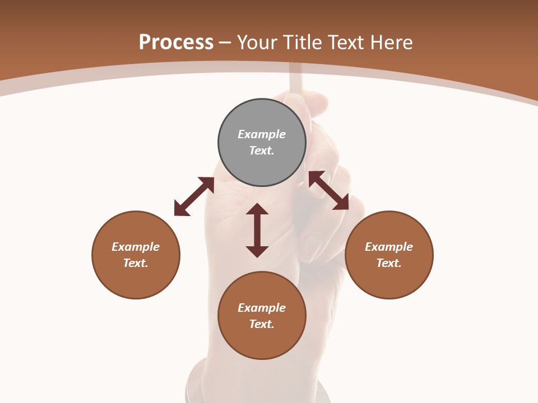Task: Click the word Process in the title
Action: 176,43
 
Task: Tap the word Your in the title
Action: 259,43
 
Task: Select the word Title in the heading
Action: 305,43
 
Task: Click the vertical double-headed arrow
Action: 257,230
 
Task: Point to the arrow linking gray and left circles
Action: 194,196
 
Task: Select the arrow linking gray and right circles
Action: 328,190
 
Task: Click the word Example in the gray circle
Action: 262,134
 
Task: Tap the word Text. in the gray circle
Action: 262,151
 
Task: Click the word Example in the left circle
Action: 136,247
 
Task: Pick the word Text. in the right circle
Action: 389,263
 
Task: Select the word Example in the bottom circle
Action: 262,308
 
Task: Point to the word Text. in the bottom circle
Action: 262,324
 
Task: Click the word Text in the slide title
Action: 347,43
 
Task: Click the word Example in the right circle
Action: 389,247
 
